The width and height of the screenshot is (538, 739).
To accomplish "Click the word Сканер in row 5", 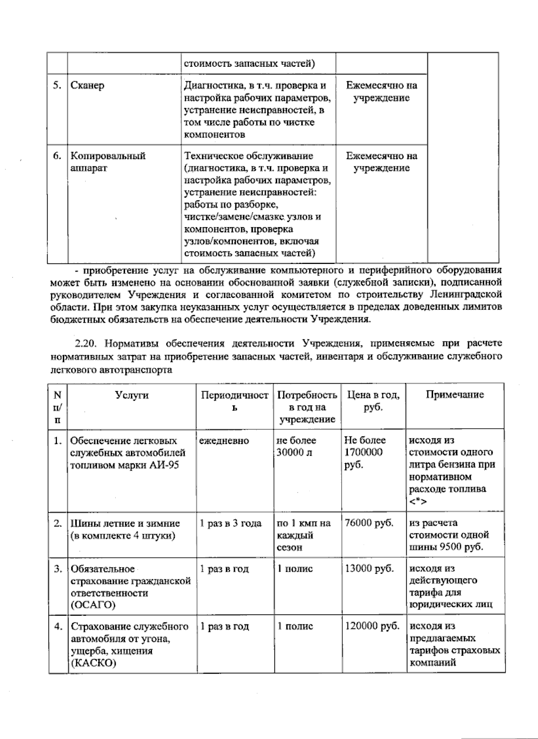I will pos(87,86).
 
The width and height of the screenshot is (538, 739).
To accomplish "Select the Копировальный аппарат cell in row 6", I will pos(108,162).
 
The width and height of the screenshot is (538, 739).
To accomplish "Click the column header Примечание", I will pos(455,394).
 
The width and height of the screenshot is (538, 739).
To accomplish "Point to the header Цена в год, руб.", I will pos(373,401).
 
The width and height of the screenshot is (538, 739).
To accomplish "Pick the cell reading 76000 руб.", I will pos(369,523).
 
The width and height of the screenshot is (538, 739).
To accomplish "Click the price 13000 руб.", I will pos(369,569).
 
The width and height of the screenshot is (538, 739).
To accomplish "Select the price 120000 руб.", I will pos(372,627).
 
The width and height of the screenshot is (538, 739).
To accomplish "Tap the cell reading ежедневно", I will pos(224,441).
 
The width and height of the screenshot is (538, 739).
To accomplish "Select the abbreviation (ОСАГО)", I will pos(92,605).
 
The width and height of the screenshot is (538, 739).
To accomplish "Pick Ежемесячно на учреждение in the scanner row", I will pos(382,92).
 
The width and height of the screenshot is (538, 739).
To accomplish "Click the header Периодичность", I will pos(234,401).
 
